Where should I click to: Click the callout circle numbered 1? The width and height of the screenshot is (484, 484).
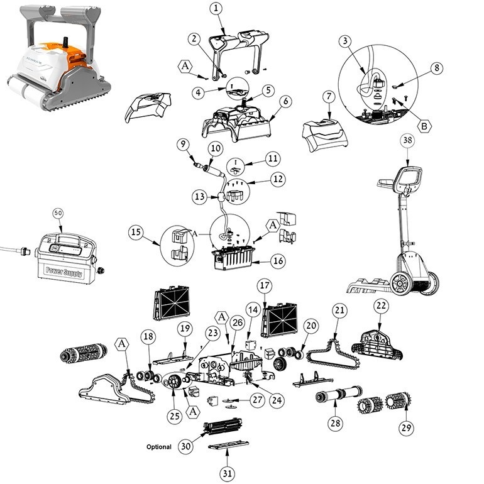(216, 8)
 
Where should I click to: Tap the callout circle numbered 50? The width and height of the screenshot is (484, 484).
(58, 213)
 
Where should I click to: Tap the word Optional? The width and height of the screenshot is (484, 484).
(159, 447)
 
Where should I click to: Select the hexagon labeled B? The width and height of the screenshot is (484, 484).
(424, 125)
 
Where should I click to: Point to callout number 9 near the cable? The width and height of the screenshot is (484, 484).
(183, 144)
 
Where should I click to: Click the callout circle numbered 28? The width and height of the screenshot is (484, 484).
(336, 423)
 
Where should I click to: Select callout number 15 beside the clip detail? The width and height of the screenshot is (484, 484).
(136, 232)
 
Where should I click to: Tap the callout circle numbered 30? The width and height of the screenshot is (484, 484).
(185, 446)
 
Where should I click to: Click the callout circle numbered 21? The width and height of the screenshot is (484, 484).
(339, 310)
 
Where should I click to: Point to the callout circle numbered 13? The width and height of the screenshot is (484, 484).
(200, 197)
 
